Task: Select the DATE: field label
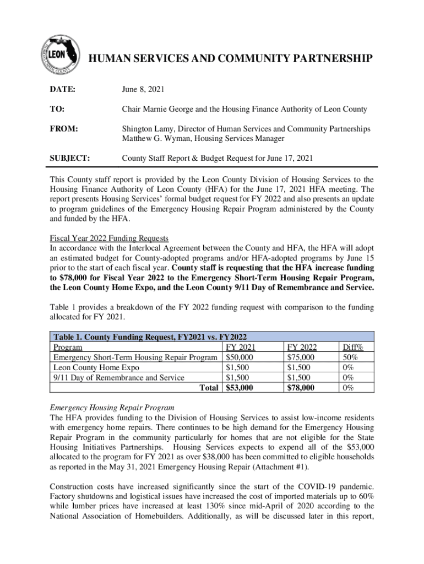[62, 89]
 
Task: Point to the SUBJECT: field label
[70, 158]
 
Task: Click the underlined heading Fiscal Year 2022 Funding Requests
[109, 238]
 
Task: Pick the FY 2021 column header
[243, 347]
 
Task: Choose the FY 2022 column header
[302, 347]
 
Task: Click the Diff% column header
[356, 347]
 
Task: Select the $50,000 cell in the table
[242, 357]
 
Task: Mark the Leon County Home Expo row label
[96, 367]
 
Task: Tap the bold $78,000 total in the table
[302, 388]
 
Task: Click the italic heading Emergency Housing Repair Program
[112, 408]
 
